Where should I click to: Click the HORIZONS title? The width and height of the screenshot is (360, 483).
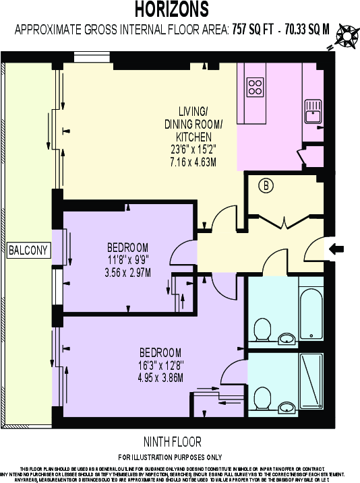click(171, 9)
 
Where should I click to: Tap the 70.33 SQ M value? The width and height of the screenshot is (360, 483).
click(306, 29)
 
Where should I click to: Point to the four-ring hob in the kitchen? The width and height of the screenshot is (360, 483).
click(256, 86)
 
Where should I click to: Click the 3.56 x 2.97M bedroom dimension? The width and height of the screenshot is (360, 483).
click(127, 272)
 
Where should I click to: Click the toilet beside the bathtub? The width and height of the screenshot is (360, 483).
click(261, 329)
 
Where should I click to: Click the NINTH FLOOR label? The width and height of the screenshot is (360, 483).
click(172, 443)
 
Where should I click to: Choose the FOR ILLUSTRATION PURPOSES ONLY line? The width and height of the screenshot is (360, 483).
click(172, 457)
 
